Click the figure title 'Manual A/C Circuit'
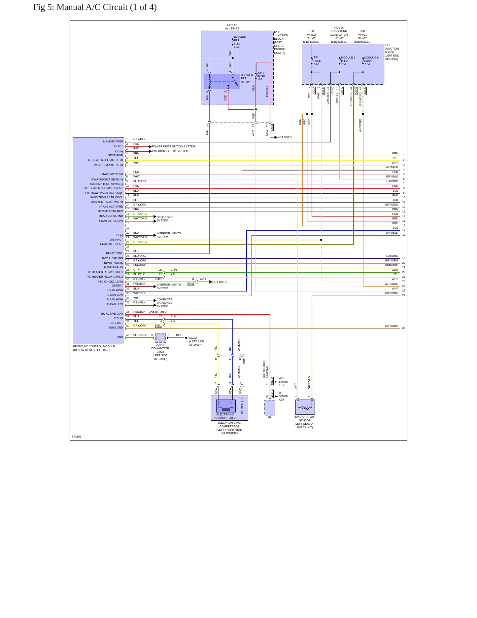[92, 7]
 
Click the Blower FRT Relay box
[222, 81]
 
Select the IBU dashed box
[270, 407]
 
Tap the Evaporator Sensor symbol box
[305, 407]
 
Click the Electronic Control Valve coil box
[226, 406]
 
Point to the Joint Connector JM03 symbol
[160, 338]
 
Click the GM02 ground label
[193, 338]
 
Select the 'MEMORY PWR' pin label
[113, 141]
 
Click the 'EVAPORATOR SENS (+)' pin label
[107, 179]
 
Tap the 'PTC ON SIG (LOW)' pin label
[110, 282]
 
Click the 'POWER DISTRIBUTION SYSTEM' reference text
[173, 146]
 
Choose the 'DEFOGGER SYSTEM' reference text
[164, 219]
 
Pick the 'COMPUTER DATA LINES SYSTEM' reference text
[164, 303]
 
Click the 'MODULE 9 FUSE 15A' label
[348, 61]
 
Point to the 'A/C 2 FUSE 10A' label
[261, 76]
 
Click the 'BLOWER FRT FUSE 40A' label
[240, 42]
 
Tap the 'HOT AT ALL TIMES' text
[232, 27]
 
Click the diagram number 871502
[77, 437]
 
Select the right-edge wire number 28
[404, 328]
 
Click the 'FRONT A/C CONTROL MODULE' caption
[94, 346]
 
